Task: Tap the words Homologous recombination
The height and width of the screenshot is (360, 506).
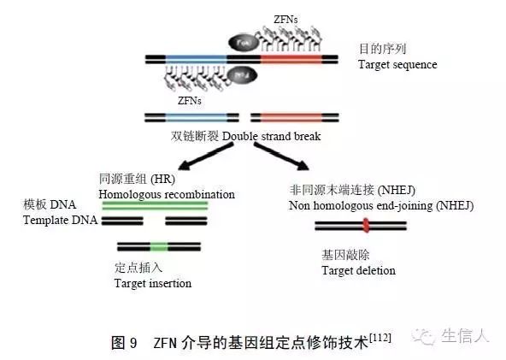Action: pyautogui.click(x=167, y=194)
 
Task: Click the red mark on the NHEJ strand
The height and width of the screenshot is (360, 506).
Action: pyautogui.click(x=367, y=226)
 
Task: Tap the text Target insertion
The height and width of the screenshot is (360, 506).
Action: pyautogui.click(x=152, y=283)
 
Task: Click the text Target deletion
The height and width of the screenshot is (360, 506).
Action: pyautogui.click(x=358, y=270)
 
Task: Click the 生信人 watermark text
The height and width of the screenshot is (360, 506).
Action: pyautogui.click(x=466, y=337)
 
